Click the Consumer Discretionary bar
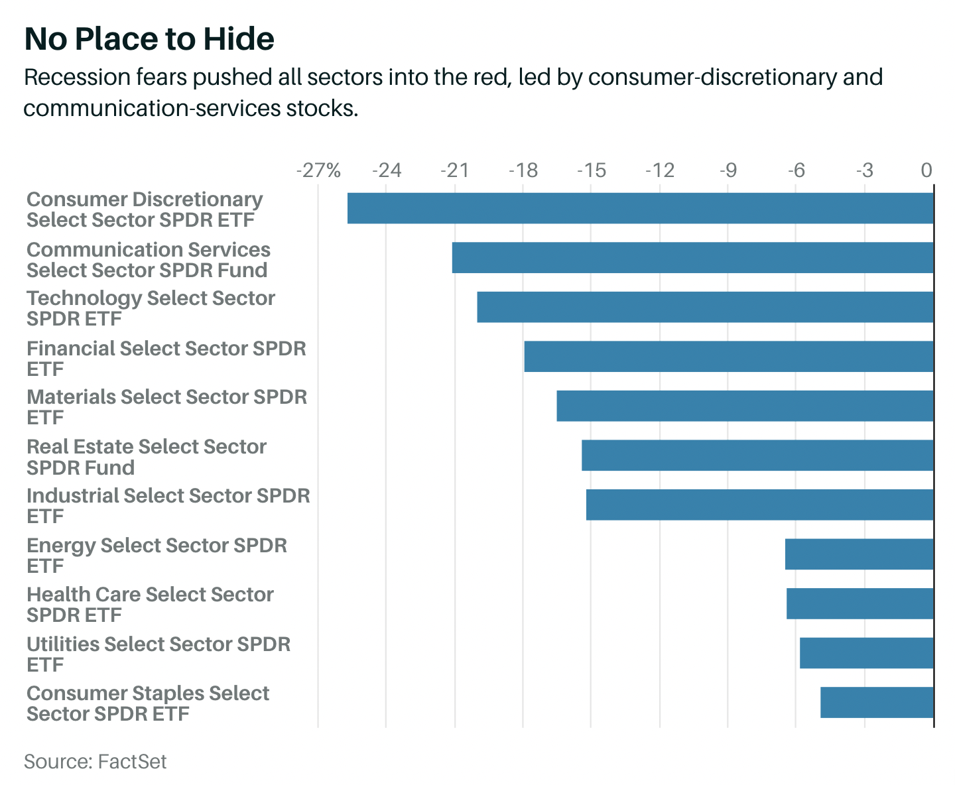pos(640,208)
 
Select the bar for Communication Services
pos(692,258)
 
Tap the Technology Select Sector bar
pos(705,307)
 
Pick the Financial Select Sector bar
pos(728,357)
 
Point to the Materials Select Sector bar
pos(745,406)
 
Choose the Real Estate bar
pos(757,455)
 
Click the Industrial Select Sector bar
pos(759,505)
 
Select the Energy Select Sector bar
pos(859,554)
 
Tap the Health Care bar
pos(859,603)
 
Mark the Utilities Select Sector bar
pos(866,653)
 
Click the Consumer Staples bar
pos(877,702)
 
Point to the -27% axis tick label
pos(318,171)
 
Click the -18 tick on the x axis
pos(523,171)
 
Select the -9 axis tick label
pos(728,171)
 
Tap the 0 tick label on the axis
pos(926,171)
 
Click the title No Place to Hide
pos(149,39)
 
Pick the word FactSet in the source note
pos(132,761)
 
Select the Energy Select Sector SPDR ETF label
pos(157,556)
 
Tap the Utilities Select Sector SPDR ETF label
pos(159,654)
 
